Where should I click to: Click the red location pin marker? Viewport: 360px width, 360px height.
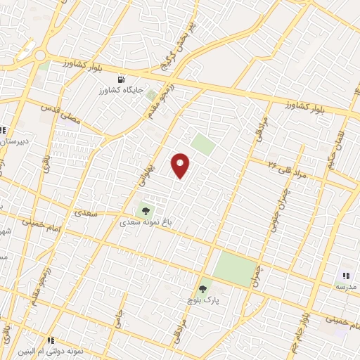(x=181, y=165)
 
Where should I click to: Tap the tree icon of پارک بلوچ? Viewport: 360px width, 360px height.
(x=203, y=288)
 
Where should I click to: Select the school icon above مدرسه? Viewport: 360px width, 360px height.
(x=345, y=276)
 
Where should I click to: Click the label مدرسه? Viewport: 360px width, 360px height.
(x=345, y=287)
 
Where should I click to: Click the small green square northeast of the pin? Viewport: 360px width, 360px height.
(x=202, y=146)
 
